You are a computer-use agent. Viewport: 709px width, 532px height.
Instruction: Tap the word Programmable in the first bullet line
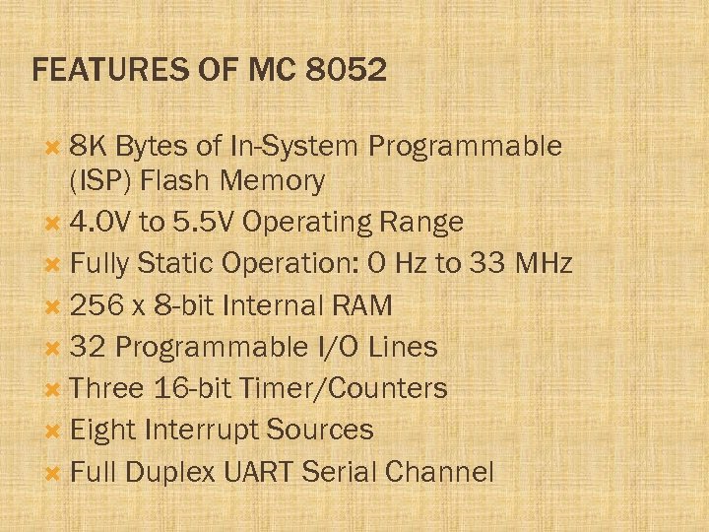coord(465,147)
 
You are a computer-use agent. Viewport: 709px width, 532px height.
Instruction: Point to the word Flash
coord(175,181)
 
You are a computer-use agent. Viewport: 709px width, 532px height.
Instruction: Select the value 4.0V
coord(101,223)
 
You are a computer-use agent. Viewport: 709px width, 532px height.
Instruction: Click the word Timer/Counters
coord(354,388)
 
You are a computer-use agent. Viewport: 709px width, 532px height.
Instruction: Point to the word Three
coord(107,388)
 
